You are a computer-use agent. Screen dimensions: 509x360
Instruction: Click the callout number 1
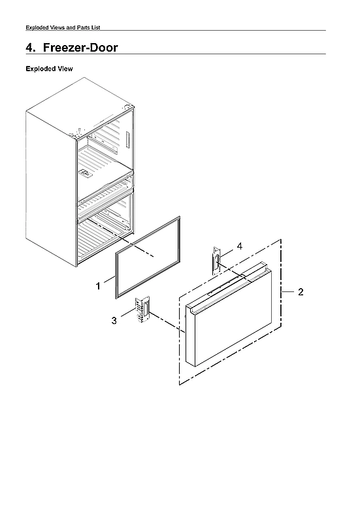[x=98, y=286]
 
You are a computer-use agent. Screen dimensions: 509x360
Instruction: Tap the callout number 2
[x=300, y=291]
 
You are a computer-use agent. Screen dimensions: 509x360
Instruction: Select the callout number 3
[x=114, y=320]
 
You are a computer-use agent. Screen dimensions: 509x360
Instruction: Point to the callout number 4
[x=240, y=246]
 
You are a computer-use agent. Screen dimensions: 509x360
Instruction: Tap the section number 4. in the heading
[x=30, y=48]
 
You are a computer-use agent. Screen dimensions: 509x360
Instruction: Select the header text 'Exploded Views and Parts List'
[x=62, y=27]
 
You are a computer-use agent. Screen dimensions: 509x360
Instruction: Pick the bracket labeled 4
[x=215, y=262]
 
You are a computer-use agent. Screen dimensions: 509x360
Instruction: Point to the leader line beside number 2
[x=287, y=291]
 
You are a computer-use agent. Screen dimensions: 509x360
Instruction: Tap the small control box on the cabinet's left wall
[x=85, y=173]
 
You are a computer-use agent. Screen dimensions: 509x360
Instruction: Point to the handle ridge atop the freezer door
[x=225, y=281]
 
